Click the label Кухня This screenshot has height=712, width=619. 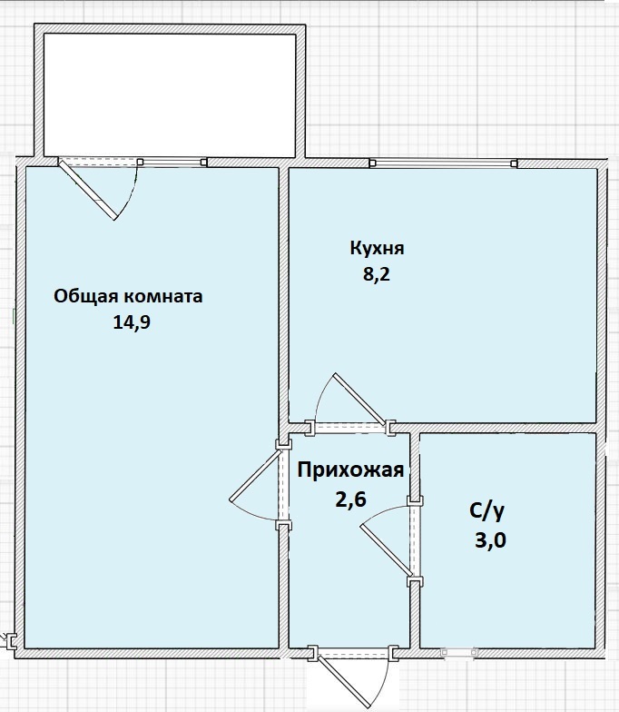(377, 249)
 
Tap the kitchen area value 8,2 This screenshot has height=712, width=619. (376, 274)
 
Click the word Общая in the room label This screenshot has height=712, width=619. (86, 296)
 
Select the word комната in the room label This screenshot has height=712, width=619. (163, 296)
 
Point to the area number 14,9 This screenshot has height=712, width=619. (131, 322)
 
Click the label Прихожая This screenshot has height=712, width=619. (350, 470)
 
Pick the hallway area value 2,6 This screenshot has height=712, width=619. (350, 499)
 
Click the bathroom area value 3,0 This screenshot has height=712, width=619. (490, 540)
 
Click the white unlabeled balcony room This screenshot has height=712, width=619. (170, 94)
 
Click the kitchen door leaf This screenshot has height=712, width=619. (359, 399)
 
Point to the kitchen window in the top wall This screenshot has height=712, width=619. (443, 163)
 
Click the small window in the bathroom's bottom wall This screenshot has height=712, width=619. (459, 652)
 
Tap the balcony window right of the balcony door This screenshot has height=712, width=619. (172, 162)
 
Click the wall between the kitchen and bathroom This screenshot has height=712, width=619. (494, 428)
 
